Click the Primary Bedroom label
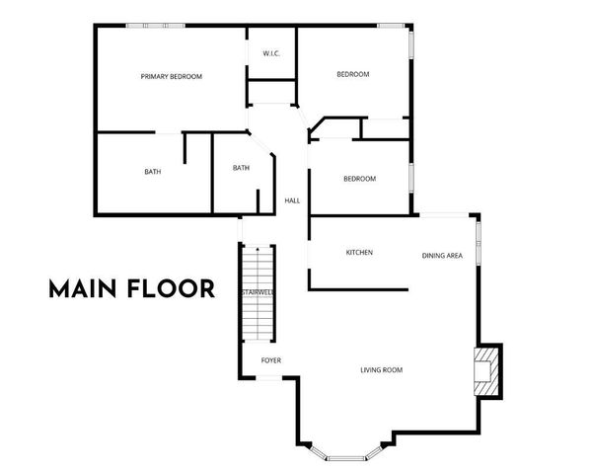[171, 76]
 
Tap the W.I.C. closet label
[272, 53]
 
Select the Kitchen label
[358, 253]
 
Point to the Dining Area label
[442, 256]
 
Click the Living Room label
[381, 370]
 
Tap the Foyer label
[271, 360]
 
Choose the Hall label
[292, 200]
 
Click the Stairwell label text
[258, 293]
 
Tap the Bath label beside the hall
[241, 168]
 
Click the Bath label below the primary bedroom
[153, 172]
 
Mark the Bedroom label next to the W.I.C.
[352, 75]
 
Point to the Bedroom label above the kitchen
[359, 179]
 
